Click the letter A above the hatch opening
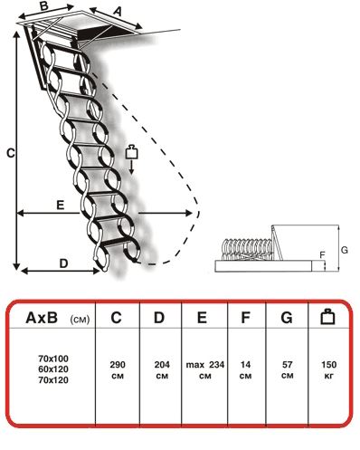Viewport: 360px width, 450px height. pyautogui.click(x=118, y=11)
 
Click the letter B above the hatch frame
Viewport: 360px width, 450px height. pyautogui.click(x=44, y=5)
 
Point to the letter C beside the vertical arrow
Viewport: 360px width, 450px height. pyautogui.click(x=11, y=153)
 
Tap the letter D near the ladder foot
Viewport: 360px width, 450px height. pyautogui.click(x=63, y=263)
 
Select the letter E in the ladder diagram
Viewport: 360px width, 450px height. pyautogui.click(x=61, y=206)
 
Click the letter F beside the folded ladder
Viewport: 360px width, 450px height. pyautogui.click(x=322, y=255)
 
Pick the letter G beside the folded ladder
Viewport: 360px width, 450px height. pyautogui.click(x=344, y=250)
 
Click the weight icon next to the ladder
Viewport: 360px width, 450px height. pyautogui.click(x=131, y=152)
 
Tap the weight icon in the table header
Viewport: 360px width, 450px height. pyautogui.click(x=327, y=316)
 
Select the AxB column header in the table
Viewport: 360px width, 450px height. pyautogui.click(x=42, y=318)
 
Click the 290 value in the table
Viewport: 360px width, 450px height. pyautogui.click(x=118, y=365)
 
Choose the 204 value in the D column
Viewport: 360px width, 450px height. pyautogui.click(x=162, y=365)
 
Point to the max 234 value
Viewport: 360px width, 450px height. pyautogui.click(x=205, y=365)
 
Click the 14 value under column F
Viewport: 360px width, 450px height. pyautogui.click(x=245, y=365)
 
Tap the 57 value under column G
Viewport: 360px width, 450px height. pyautogui.click(x=287, y=365)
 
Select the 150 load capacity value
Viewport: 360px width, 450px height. pyautogui.click(x=328, y=365)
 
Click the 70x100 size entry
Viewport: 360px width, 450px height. pyautogui.click(x=53, y=359)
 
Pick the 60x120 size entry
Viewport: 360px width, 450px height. pyautogui.click(x=53, y=369)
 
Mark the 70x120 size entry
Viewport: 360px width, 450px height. pyautogui.click(x=53, y=380)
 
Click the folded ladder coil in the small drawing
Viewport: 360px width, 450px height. pyautogui.click(x=247, y=249)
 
